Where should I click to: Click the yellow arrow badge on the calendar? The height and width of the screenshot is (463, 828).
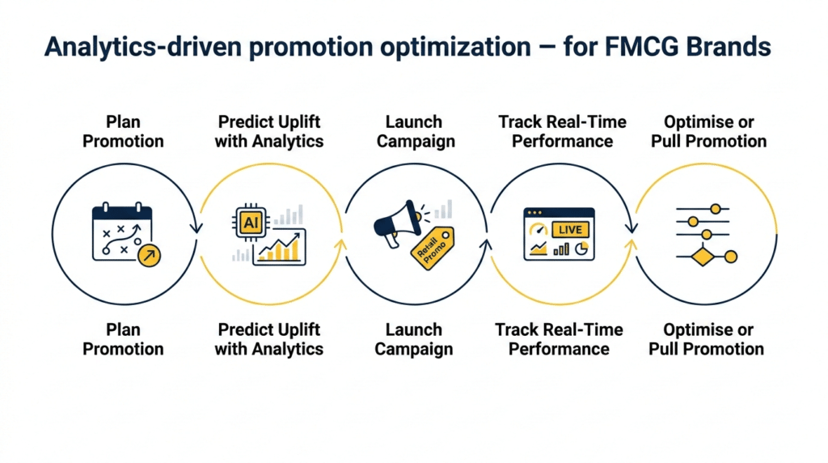149,256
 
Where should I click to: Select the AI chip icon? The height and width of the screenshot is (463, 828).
250,222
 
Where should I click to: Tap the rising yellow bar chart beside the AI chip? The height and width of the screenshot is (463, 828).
280,248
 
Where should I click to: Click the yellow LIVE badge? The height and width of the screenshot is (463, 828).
570,230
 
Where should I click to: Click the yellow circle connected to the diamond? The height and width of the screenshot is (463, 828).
731,257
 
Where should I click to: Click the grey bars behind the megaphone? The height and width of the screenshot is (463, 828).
442,210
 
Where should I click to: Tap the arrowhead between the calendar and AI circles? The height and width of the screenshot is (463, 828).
196,228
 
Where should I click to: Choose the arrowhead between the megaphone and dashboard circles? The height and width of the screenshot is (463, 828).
487,240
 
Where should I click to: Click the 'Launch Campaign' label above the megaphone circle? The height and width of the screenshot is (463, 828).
414,131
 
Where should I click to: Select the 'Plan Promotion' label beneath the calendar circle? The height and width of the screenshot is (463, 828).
123,339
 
